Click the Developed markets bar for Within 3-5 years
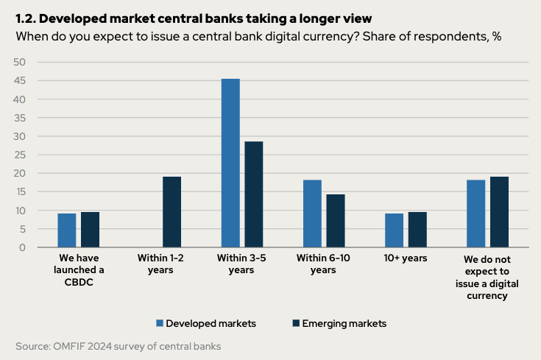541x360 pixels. point(230,163)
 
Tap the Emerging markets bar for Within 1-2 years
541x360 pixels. point(172,212)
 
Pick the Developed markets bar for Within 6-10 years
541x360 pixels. point(312,213)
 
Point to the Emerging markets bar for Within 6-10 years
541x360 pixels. point(336,221)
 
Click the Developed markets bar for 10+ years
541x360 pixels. point(394,230)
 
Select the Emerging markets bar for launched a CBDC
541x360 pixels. point(91,230)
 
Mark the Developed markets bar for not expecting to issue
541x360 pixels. point(475,213)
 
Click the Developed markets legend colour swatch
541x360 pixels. point(159,323)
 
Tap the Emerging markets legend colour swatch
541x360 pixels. point(296,323)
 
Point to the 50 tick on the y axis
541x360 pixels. point(21,62)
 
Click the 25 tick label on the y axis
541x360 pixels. point(21,155)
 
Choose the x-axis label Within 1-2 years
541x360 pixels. point(160,264)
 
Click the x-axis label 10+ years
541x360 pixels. point(406,259)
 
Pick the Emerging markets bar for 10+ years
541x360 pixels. point(417,230)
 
